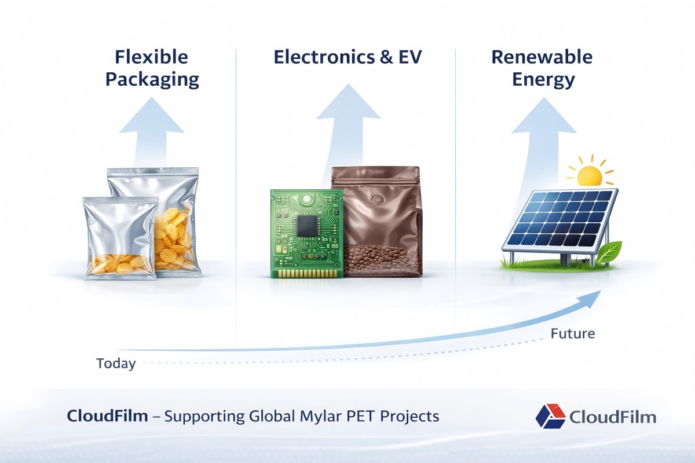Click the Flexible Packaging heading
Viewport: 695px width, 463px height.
click(152, 68)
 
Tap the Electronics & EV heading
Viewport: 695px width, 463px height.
click(349, 57)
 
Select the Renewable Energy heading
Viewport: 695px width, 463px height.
click(542, 68)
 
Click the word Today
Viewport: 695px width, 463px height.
click(116, 364)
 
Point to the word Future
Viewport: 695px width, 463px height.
click(573, 334)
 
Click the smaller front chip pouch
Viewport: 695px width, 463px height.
click(120, 238)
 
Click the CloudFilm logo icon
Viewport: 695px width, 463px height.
click(550, 416)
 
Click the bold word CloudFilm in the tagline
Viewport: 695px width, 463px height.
click(107, 416)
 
